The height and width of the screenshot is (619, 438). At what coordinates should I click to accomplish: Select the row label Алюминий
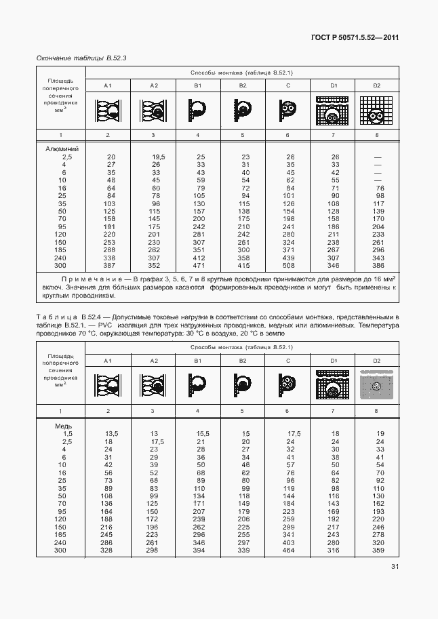pyautogui.click(x=62, y=148)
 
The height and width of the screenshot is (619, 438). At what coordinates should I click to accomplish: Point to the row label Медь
pyautogui.click(x=64, y=425)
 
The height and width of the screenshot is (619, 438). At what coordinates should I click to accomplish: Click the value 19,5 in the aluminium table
pyautogui.click(x=159, y=157)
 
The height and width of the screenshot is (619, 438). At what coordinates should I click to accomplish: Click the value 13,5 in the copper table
pyautogui.click(x=111, y=433)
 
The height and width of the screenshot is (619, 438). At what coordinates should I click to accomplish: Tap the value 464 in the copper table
pyautogui.click(x=288, y=551)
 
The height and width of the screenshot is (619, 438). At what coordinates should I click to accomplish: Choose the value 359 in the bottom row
pyautogui.click(x=378, y=551)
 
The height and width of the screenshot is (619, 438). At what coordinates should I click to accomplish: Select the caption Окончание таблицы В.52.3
pyautogui.click(x=81, y=58)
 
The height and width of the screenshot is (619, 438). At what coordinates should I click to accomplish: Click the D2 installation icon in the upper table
pyautogui.click(x=377, y=110)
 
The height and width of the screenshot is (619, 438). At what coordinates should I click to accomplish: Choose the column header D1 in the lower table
pyautogui.click(x=333, y=361)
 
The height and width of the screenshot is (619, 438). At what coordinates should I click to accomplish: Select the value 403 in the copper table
pyautogui.click(x=288, y=543)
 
